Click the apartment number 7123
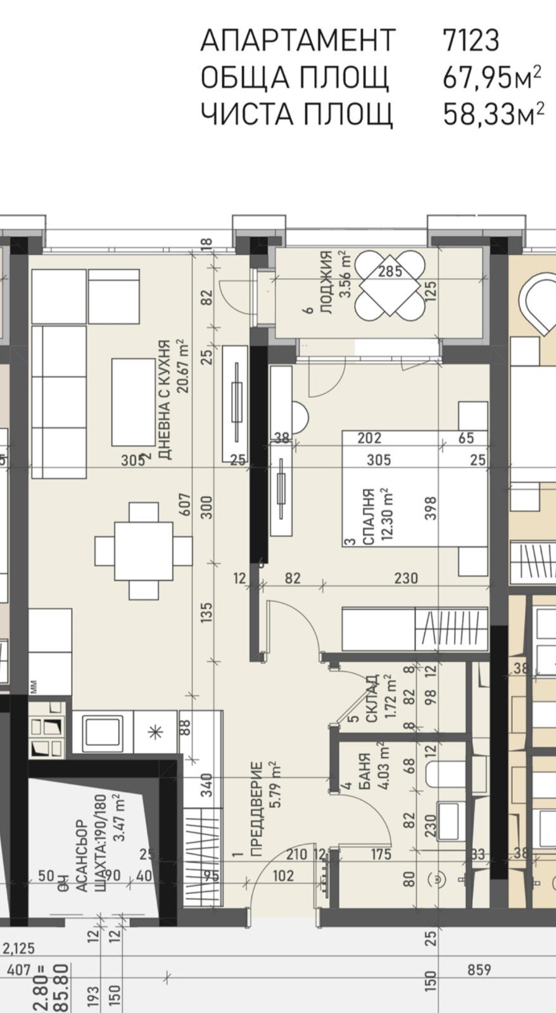(471, 40)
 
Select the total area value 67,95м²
(491, 78)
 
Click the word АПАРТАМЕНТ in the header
(297, 40)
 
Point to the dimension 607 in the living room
(186, 504)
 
